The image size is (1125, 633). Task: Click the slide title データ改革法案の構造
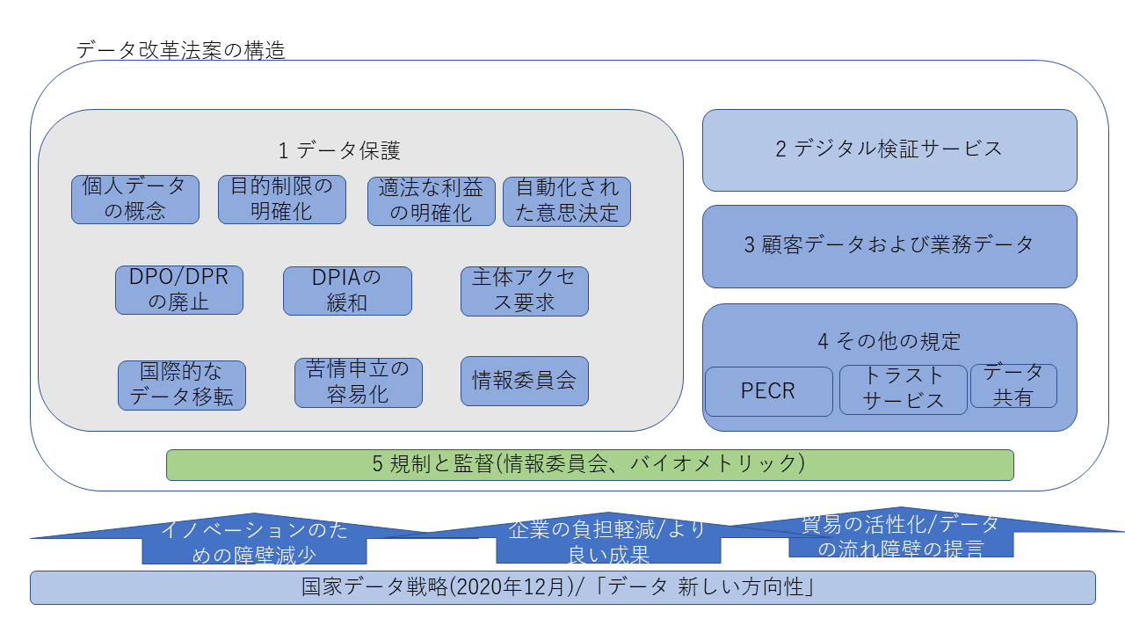(181, 50)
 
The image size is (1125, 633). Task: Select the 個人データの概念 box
(134, 200)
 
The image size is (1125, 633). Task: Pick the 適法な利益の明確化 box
(431, 201)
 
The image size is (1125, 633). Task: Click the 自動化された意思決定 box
(566, 201)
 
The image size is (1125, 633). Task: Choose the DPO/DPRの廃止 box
(178, 290)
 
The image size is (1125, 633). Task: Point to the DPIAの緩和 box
(347, 291)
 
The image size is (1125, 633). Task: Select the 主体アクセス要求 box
(524, 291)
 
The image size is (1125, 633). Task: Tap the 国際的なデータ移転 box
(182, 385)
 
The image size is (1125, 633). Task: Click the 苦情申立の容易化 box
(358, 382)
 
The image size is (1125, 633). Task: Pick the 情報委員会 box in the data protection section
(524, 381)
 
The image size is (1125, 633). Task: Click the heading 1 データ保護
(339, 151)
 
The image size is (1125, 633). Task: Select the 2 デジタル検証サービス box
(889, 149)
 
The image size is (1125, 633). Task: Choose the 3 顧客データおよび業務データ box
(889, 246)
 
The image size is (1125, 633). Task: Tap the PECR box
(768, 391)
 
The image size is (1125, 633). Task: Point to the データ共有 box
(1012, 386)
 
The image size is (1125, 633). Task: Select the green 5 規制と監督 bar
(589, 464)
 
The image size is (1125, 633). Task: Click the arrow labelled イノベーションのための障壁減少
(254, 542)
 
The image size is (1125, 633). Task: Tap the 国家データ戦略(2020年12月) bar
(562, 587)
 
